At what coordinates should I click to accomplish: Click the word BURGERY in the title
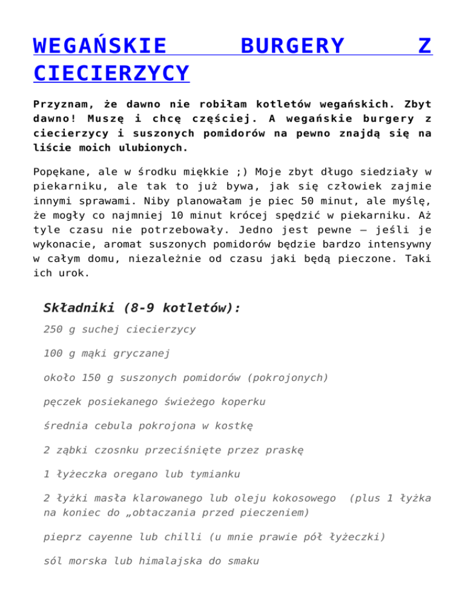pos(292,45)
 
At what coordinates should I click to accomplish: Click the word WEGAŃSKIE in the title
pos(101,45)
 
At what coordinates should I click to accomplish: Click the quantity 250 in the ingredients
pos(54,329)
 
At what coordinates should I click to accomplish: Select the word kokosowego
pos(305,498)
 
